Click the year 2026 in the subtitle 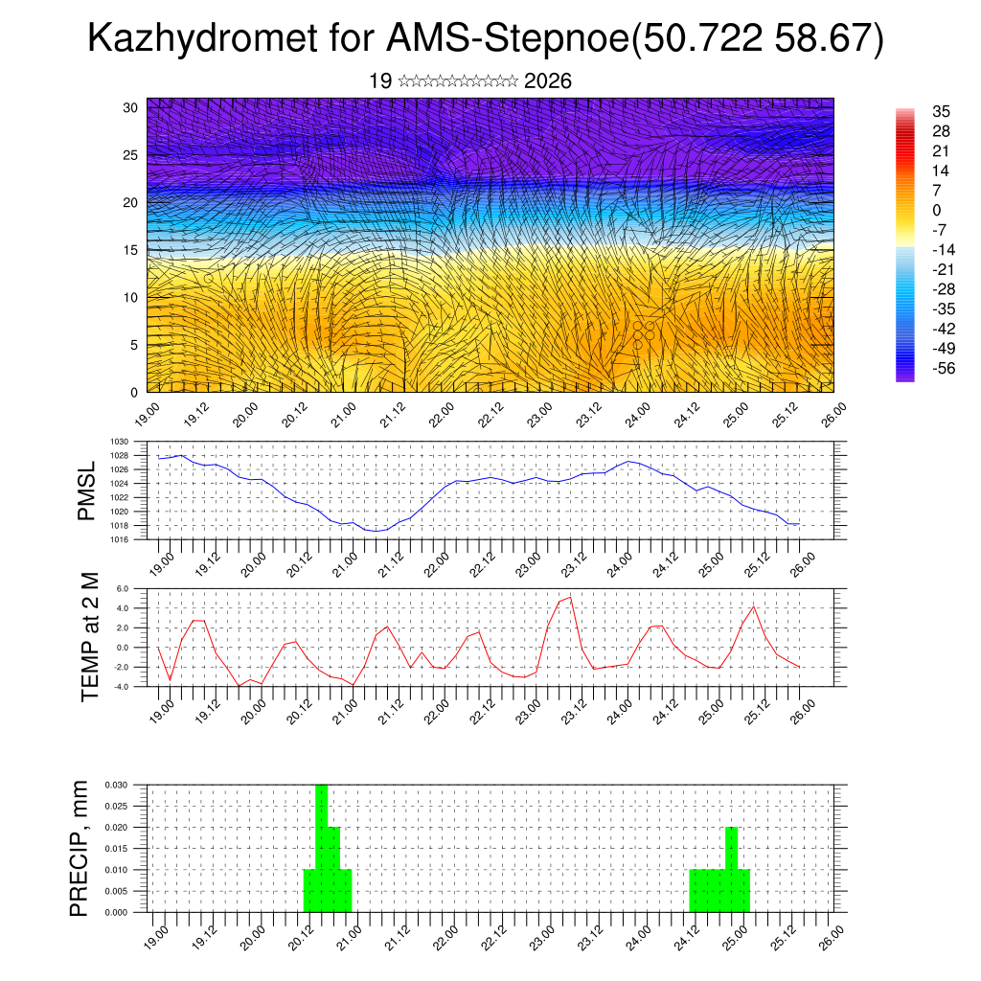click(548, 81)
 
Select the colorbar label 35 click(941, 111)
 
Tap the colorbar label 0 click(936, 210)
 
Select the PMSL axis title click(87, 491)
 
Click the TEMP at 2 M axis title click(90, 637)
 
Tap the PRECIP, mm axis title click(80, 849)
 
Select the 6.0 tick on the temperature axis click(135, 589)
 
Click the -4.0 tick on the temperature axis click(134, 686)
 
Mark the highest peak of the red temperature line click(571, 597)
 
